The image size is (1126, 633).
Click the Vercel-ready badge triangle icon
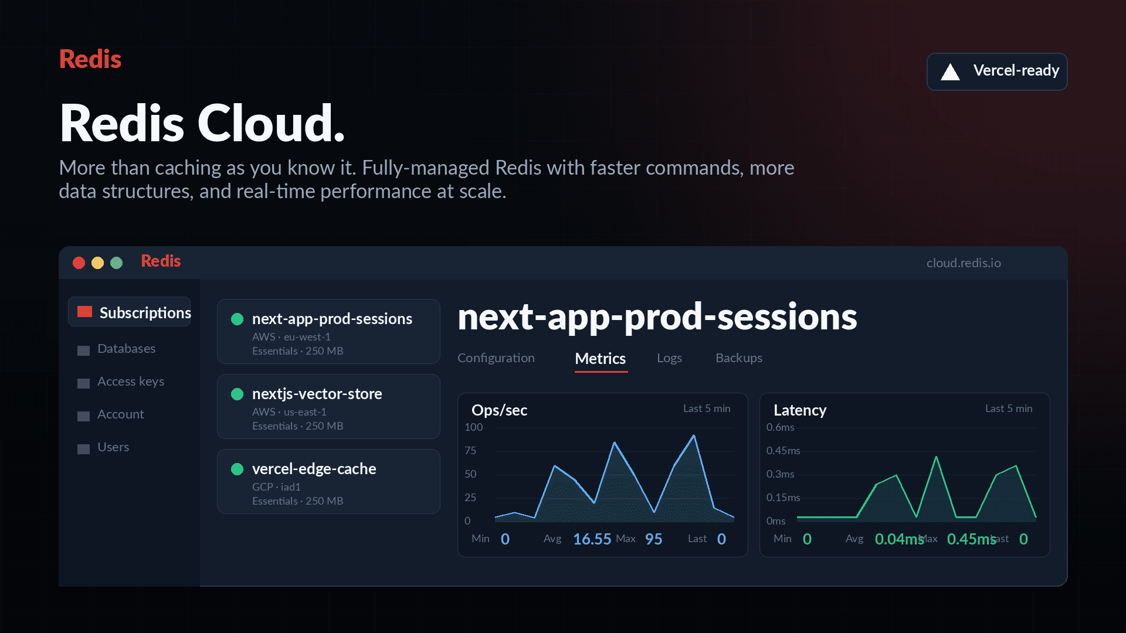pyautogui.click(x=950, y=72)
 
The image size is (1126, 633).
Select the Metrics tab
pyautogui.click(x=601, y=358)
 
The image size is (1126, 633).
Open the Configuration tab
pyautogui.click(x=496, y=358)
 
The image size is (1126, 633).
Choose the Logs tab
pyautogui.click(x=669, y=358)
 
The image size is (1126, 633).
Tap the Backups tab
pyautogui.click(x=739, y=358)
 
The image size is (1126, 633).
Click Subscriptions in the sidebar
pyautogui.click(x=145, y=312)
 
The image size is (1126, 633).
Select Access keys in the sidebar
pyautogui.click(x=131, y=382)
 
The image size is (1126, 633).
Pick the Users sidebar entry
pyautogui.click(x=113, y=447)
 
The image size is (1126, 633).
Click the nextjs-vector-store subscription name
pyautogui.click(x=317, y=394)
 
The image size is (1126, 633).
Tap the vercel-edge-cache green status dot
pyautogui.click(x=237, y=469)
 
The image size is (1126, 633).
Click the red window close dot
pyautogui.click(x=79, y=263)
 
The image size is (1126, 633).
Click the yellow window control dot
pyautogui.click(x=97, y=263)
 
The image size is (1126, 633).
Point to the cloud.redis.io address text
pyautogui.click(x=964, y=263)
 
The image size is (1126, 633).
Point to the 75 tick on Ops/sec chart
pyautogui.click(x=470, y=451)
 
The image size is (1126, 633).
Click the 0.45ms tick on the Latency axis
pyautogui.click(x=783, y=451)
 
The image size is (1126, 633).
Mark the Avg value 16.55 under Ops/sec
pyautogui.click(x=592, y=539)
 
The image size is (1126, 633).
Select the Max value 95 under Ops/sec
pyautogui.click(x=653, y=539)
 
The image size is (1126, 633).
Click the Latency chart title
pyautogui.click(x=800, y=410)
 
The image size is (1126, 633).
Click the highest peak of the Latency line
pyautogui.click(x=936, y=457)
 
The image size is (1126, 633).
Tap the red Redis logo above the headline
pyautogui.click(x=90, y=59)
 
